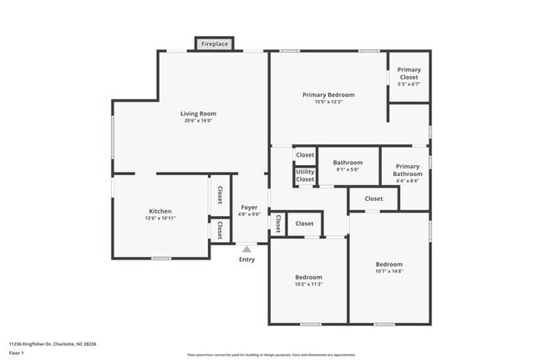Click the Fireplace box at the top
click(x=214, y=43)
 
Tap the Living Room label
click(x=199, y=113)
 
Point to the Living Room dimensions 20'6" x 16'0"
click(x=199, y=121)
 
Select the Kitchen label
click(x=160, y=211)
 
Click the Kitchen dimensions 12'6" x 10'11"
click(x=160, y=219)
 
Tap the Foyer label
click(x=250, y=207)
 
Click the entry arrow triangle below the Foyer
click(x=246, y=248)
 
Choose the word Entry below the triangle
click(x=246, y=259)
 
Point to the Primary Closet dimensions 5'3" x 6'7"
click(x=409, y=84)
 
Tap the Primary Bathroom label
click(x=408, y=169)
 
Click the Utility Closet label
click(x=305, y=175)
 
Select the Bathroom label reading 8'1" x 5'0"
click(x=348, y=163)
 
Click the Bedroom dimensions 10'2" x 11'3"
click(x=308, y=284)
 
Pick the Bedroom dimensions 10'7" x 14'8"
click(x=389, y=271)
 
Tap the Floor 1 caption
click(x=17, y=353)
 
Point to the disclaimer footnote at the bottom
click(x=271, y=354)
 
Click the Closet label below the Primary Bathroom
click(x=373, y=199)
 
